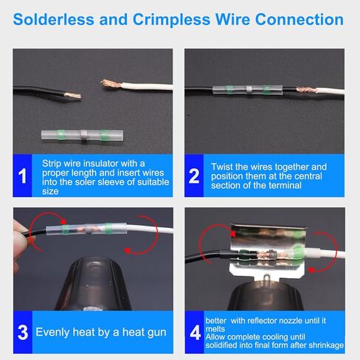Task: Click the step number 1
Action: point(22,176)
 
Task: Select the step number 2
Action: point(195,176)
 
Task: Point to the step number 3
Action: point(22,332)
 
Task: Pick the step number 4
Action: point(195,332)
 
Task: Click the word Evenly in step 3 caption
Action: point(56,332)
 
